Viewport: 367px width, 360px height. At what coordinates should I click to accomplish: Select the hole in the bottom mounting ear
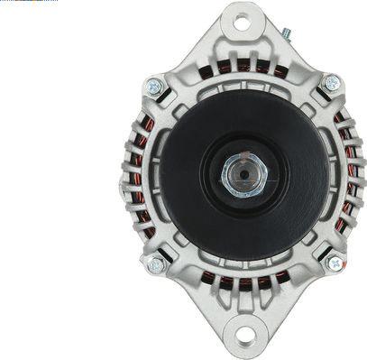click(x=244, y=337)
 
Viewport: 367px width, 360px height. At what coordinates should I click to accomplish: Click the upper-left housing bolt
click(x=154, y=88)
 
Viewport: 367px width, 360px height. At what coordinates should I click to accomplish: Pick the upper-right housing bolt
click(x=331, y=83)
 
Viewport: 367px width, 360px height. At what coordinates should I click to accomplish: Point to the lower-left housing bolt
click(x=155, y=265)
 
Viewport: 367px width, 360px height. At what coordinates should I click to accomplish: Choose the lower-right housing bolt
click(x=334, y=263)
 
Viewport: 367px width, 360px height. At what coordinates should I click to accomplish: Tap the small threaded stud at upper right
click(x=287, y=33)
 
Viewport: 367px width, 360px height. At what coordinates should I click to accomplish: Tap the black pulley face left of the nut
click(x=185, y=176)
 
